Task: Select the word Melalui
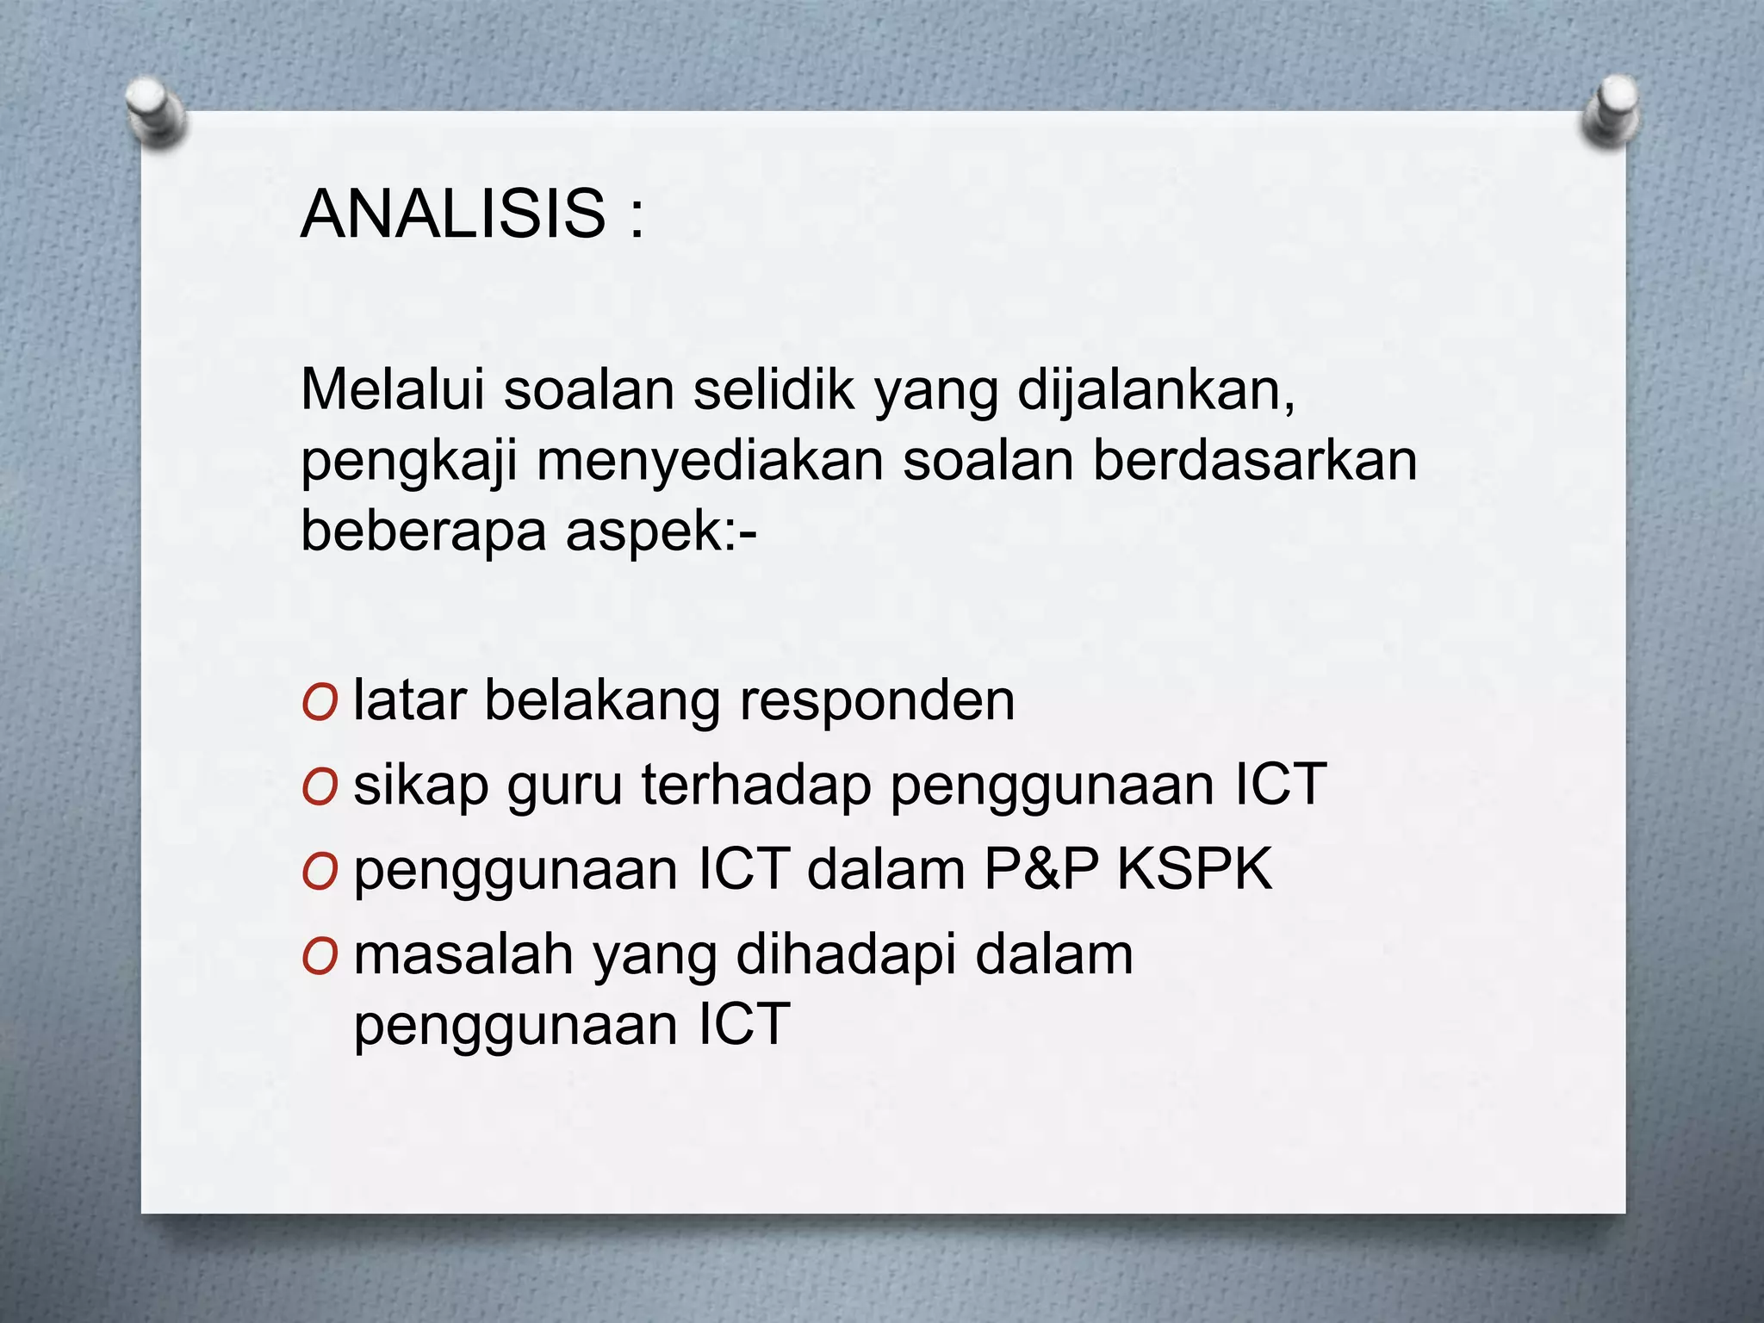pos(393,390)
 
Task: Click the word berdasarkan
pos(1255,461)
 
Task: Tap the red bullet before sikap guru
pos(319,788)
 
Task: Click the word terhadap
pos(756,786)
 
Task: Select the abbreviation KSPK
pos(1195,870)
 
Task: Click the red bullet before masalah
pos(319,958)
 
